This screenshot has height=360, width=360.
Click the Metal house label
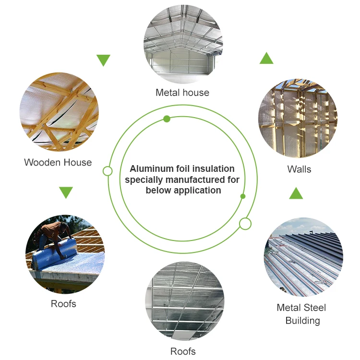click(x=182, y=93)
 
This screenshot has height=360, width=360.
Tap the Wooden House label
click(x=58, y=163)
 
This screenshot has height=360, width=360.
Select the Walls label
click(x=299, y=169)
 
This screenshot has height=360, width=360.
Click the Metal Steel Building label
click(x=301, y=314)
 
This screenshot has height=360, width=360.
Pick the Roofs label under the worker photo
click(x=63, y=304)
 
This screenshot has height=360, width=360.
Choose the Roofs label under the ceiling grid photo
click(x=183, y=351)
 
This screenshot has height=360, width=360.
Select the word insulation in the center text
click(x=213, y=169)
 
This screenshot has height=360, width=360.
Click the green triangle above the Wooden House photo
click(x=103, y=60)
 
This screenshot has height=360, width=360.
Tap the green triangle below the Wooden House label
click(x=66, y=192)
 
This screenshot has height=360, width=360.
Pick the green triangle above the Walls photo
click(x=266, y=59)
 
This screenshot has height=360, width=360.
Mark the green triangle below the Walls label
click(x=296, y=194)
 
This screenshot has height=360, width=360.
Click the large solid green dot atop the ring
click(x=167, y=119)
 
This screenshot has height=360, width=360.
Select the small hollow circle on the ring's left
click(x=108, y=171)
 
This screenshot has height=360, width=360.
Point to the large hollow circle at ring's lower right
click(x=245, y=223)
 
